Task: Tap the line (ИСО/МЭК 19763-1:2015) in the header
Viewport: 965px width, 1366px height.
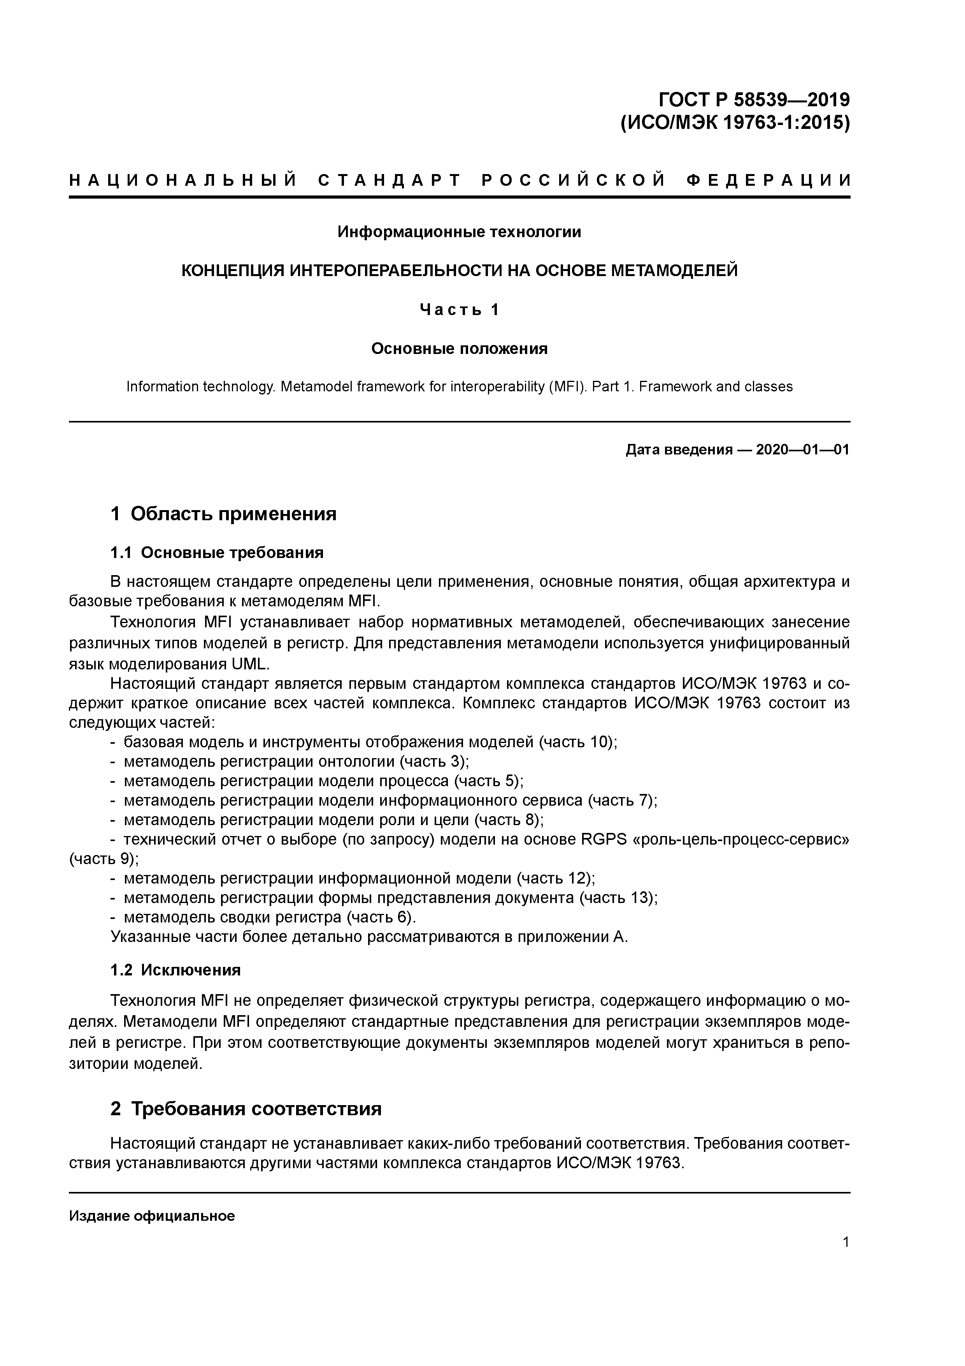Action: point(735,123)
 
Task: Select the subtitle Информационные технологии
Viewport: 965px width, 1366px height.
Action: point(459,231)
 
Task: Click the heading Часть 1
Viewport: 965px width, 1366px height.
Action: point(459,309)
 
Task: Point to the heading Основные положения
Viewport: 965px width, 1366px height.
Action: point(459,348)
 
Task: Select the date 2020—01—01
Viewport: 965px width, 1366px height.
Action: point(802,449)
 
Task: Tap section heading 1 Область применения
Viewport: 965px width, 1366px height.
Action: point(224,513)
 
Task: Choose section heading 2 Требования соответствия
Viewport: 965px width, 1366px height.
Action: point(246,1108)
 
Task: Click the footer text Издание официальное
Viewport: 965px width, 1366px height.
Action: point(152,1215)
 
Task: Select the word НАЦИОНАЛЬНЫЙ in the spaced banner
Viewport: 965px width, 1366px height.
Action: point(183,180)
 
